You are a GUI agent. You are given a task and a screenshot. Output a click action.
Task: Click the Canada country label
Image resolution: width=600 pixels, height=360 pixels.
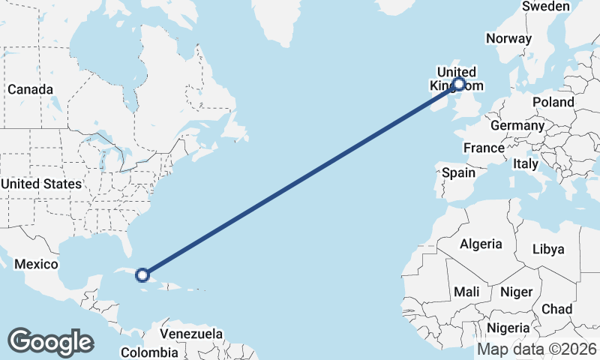(x=30, y=89)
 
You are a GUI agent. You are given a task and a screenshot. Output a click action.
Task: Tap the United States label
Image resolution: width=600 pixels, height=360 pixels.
(x=41, y=184)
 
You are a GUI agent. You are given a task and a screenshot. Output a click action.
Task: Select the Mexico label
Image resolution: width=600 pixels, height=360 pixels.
(x=36, y=264)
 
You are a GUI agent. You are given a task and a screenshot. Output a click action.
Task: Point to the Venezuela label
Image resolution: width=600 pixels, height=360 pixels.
(x=192, y=333)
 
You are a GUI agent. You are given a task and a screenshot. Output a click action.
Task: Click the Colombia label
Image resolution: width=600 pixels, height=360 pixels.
(x=149, y=352)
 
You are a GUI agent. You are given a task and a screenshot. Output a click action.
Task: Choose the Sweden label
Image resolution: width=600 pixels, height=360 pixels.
(x=546, y=6)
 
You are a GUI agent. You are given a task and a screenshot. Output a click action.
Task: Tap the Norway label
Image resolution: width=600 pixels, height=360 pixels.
(x=508, y=38)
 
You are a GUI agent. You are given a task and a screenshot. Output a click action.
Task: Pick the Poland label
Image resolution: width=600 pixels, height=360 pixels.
(x=553, y=102)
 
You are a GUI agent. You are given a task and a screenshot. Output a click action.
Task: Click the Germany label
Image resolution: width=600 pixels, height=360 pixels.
(x=517, y=125)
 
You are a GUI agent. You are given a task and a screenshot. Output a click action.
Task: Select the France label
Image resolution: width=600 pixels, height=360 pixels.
(x=484, y=148)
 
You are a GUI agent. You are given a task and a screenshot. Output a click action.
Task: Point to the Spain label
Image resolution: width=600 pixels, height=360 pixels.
(x=458, y=172)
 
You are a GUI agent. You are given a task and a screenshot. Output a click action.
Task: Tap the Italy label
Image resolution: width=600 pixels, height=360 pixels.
(x=525, y=163)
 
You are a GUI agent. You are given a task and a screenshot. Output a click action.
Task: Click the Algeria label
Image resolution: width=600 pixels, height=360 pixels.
(x=480, y=244)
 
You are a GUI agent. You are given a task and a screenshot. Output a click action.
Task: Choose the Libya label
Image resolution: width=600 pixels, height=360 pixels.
(x=547, y=249)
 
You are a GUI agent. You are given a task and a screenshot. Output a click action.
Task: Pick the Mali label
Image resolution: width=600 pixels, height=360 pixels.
(x=466, y=292)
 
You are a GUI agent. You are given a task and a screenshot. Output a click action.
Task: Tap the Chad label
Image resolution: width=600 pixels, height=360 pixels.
(x=556, y=309)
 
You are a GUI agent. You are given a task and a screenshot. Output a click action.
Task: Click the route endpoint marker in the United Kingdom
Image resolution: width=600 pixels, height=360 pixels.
(x=459, y=85)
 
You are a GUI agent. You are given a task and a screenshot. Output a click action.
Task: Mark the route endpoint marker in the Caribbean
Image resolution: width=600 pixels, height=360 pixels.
(x=142, y=274)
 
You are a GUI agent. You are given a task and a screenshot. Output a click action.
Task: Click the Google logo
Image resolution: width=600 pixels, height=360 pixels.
(x=50, y=342)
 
